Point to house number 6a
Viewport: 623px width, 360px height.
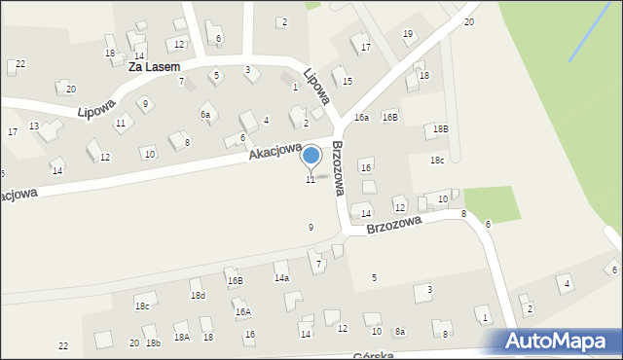[205, 115]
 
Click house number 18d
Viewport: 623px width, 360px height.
[198, 295]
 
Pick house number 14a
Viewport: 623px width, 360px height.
[281, 278]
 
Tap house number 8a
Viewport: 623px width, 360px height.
[399, 332]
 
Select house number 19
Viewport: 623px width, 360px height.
[407, 34]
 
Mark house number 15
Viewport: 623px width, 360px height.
[347, 81]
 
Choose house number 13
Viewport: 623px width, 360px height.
[34, 126]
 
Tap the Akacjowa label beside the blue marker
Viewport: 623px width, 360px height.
[275, 147]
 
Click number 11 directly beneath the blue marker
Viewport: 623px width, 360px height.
[311, 180]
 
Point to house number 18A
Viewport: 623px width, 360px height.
[181, 337]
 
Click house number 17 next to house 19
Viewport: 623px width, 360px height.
[365, 47]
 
